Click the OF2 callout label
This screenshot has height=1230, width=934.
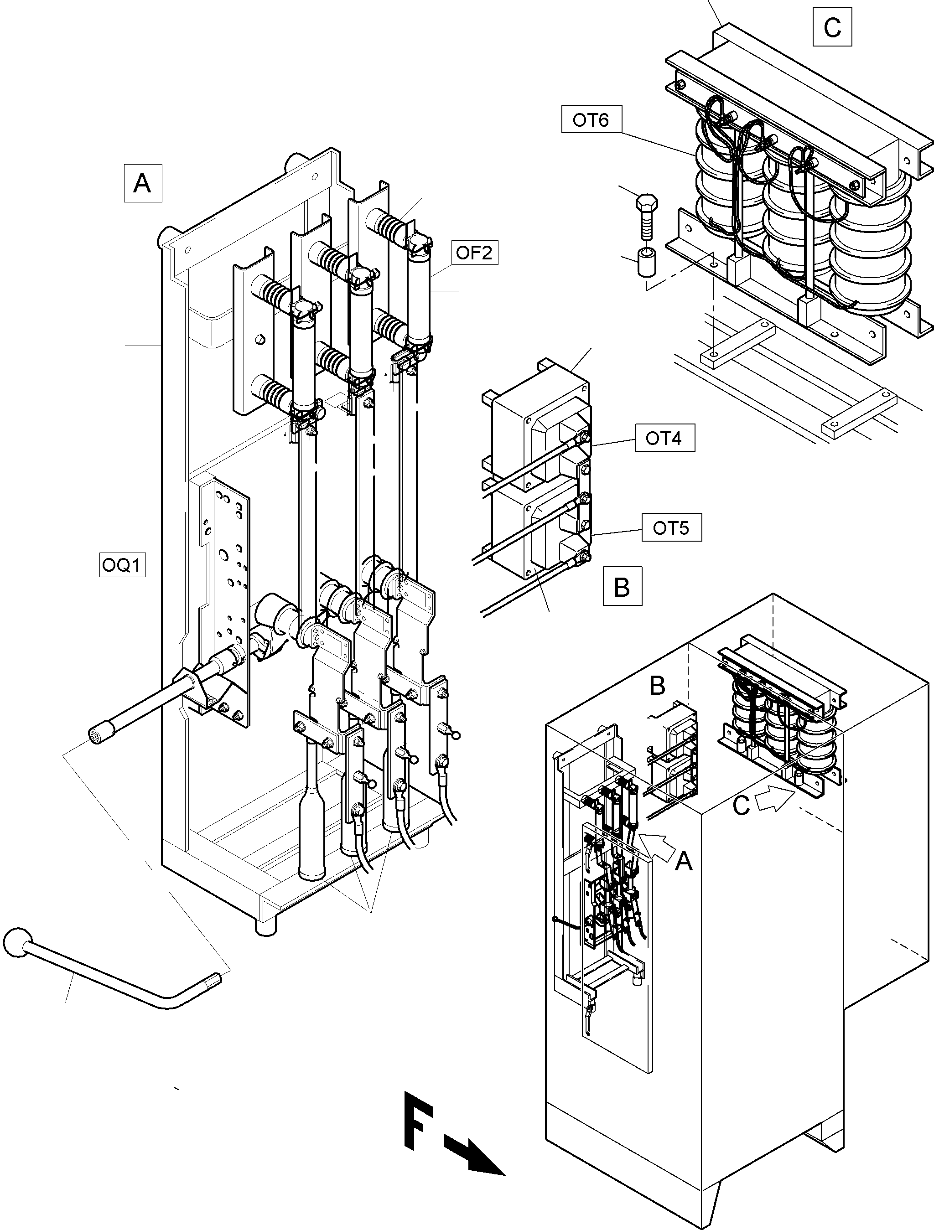(x=473, y=253)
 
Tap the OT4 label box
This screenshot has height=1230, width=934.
(x=664, y=438)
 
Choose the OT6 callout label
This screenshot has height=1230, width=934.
(x=590, y=119)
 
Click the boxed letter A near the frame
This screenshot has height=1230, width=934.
(x=142, y=182)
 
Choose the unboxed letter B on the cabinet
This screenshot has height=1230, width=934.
(x=657, y=686)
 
